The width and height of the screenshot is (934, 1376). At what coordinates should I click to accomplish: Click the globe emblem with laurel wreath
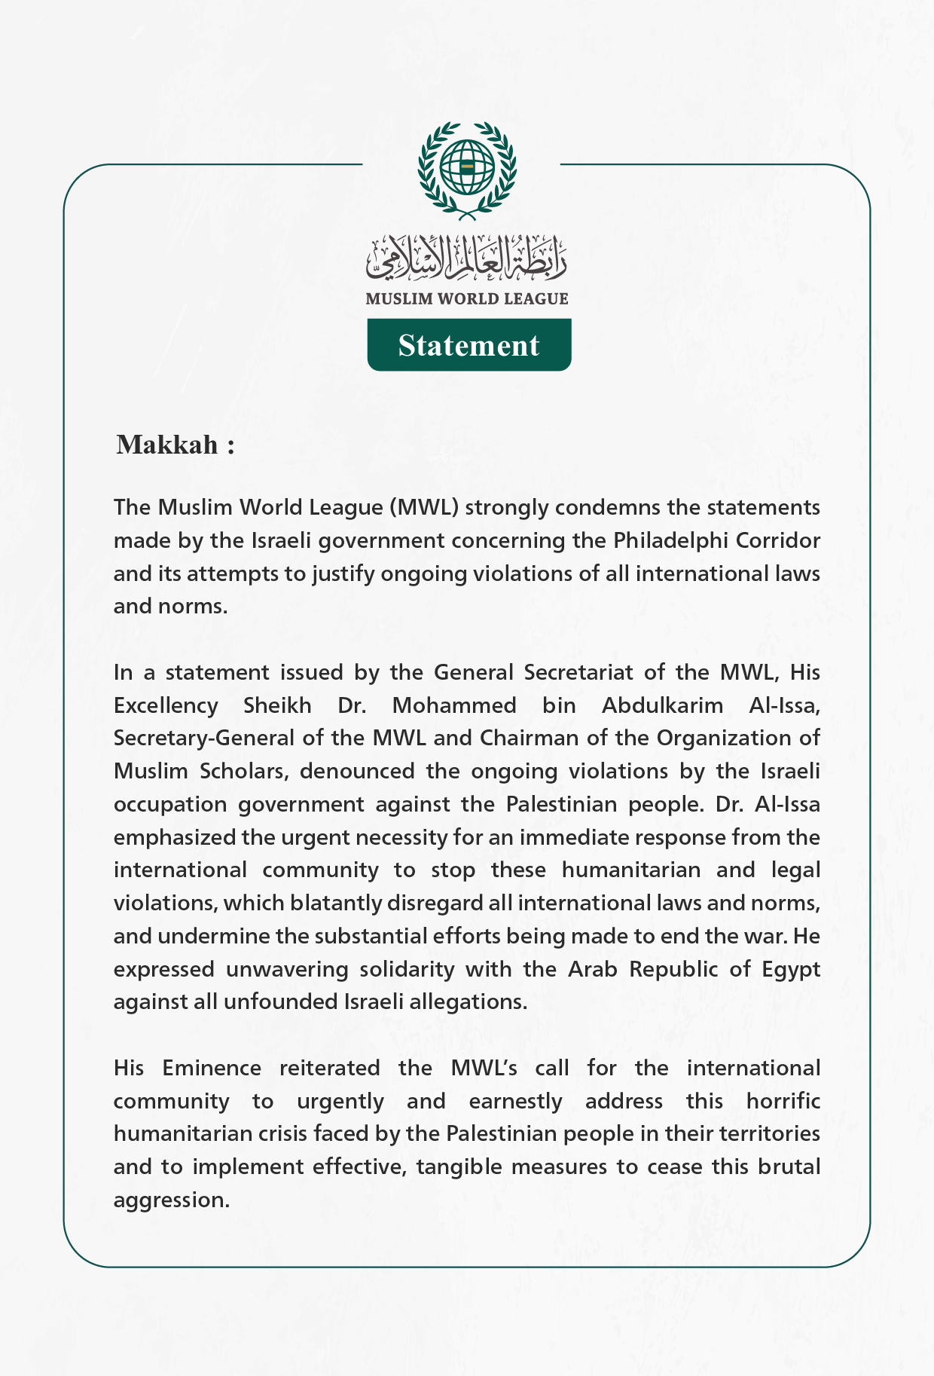tap(467, 170)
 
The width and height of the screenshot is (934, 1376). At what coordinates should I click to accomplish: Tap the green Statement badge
tap(469, 345)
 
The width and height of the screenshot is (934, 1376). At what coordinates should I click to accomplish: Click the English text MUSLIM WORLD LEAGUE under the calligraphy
tap(467, 298)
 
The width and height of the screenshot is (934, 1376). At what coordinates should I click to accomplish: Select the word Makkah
tap(167, 445)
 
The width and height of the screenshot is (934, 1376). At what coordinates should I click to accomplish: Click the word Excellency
tap(166, 705)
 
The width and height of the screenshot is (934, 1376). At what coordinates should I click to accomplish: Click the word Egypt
tap(790, 969)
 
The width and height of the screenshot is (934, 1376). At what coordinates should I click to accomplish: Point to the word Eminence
tap(212, 1068)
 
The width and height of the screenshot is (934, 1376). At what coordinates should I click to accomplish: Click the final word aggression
tap(171, 1200)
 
